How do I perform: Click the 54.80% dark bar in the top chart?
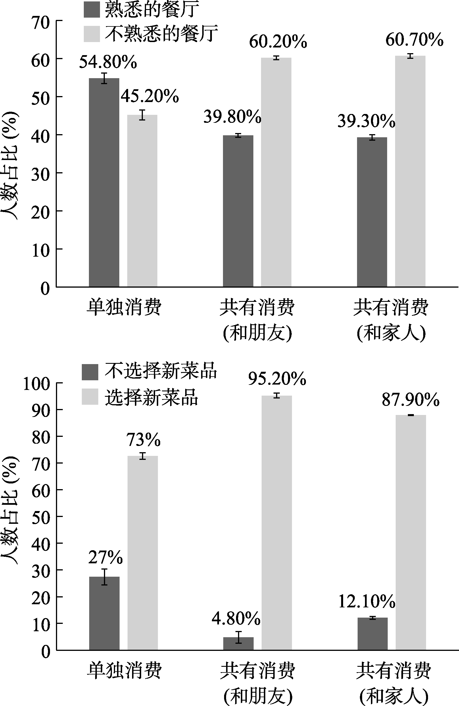(x=104, y=182)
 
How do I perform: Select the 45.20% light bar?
(x=142, y=201)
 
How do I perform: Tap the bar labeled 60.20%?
(x=276, y=172)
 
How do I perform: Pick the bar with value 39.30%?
(x=372, y=212)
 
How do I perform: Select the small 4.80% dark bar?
(x=238, y=644)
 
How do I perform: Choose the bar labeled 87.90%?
(x=411, y=532)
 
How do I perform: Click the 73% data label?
(x=143, y=440)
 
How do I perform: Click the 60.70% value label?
(x=414, y=40)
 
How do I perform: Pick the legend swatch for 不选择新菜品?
(x=90, y=372)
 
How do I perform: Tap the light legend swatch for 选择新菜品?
(x=90, y=396)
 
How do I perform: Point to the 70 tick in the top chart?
(x=40, y=23)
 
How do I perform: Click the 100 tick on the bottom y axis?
(x=36, y=385)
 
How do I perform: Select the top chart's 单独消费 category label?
(x=124, y=307)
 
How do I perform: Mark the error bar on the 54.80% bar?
(x=104, y=78)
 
